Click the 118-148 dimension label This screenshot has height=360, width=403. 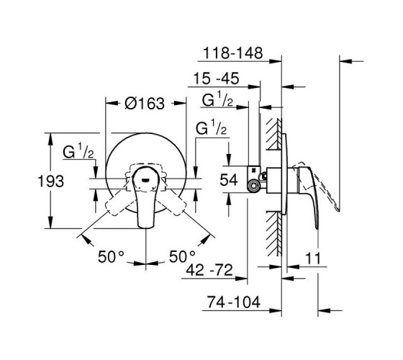point(233,53)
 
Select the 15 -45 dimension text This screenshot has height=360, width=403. point(216,78)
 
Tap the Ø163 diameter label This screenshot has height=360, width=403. point(145,104)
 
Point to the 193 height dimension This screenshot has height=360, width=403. point(50,181)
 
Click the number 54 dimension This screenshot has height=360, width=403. point(229,180)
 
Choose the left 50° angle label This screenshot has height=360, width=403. point(111,256)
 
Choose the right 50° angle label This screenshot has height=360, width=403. point(182,256)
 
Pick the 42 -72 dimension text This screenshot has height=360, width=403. point(209,270)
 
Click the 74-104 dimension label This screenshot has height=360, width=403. point(234,302)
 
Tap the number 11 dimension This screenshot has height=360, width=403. point(313,258)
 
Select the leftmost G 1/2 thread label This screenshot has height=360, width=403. point(78,151)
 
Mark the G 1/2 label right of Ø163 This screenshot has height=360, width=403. point(211,127)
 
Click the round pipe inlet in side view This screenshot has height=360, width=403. point(253,186)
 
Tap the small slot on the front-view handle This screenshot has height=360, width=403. point(145,179)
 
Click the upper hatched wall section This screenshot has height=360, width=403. point(274,134)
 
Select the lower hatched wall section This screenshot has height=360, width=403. point(274,233)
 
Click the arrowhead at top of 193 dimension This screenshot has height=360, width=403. point(50,139)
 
